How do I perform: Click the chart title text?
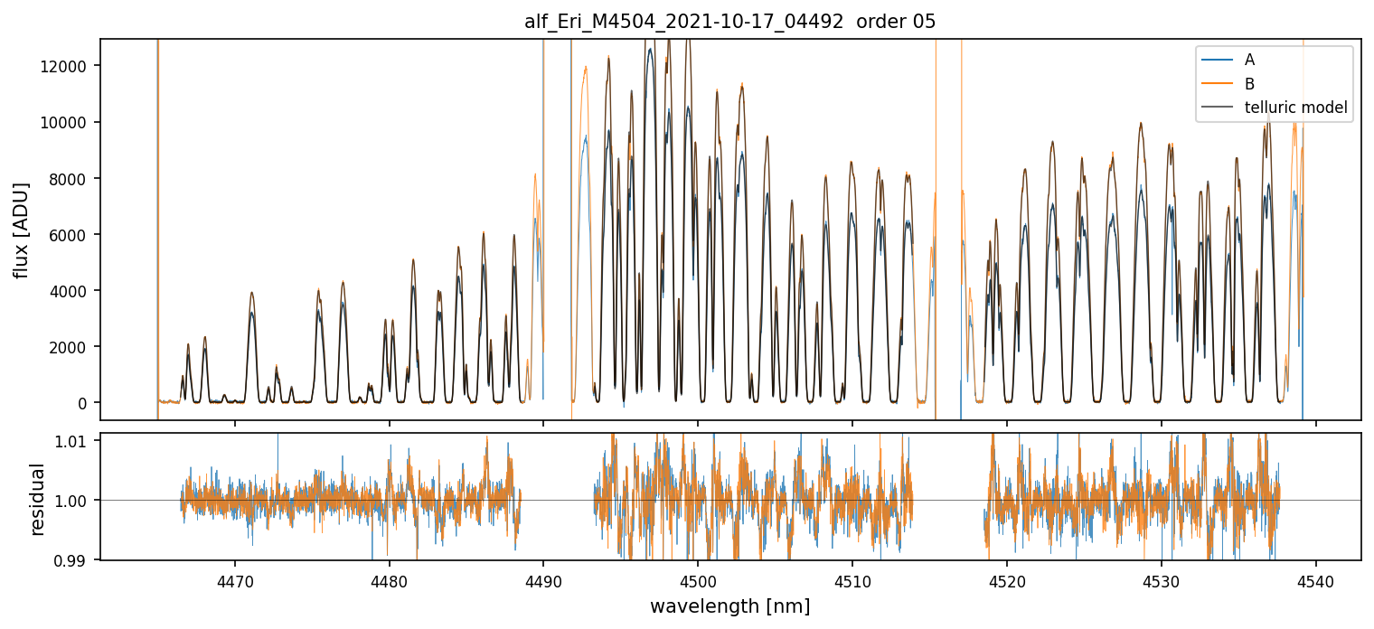point(729,22)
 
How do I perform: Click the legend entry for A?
point(1249,60)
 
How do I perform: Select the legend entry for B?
point(1249,84)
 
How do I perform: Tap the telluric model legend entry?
point(1295,108)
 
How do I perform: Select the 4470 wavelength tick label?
point(235,580)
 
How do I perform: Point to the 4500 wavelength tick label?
point(698,580)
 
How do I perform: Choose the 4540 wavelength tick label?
point(1315,580)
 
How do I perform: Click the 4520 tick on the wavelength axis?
point(1007,580)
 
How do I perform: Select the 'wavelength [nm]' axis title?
point(729,606)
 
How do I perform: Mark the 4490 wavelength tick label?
point(543,580)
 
